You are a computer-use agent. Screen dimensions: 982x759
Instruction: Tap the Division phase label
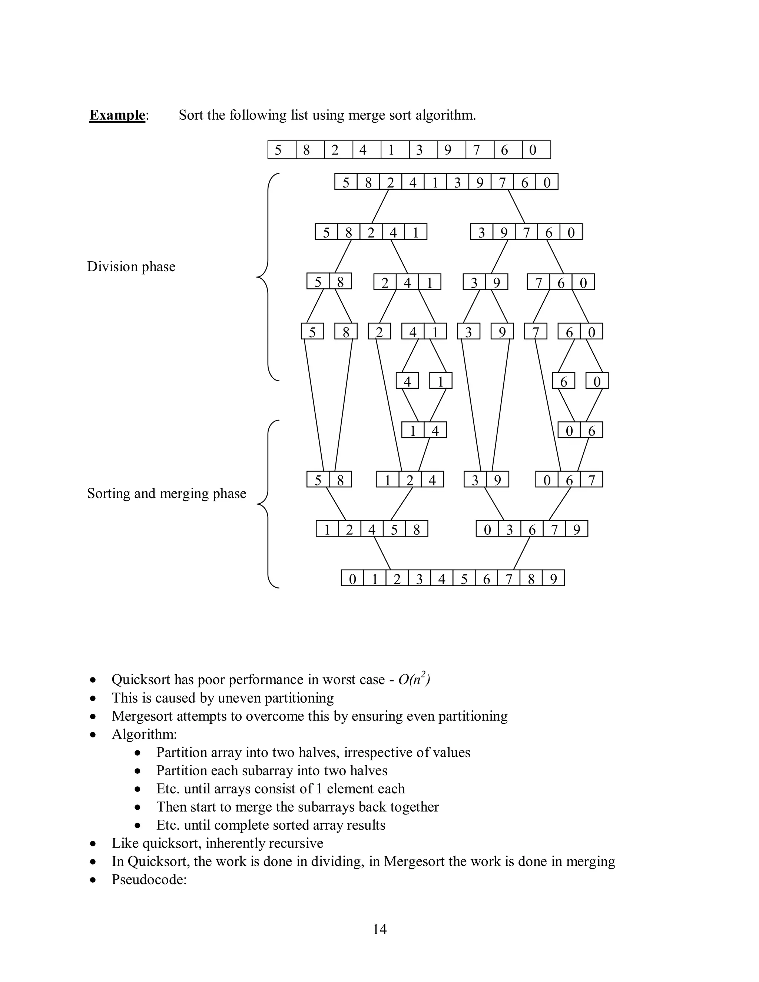point(131,267)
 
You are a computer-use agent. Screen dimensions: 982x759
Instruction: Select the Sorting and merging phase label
point(166,493)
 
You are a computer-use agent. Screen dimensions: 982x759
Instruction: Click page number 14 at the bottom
point(379,929)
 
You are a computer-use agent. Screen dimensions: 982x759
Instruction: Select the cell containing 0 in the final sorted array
point(352,578)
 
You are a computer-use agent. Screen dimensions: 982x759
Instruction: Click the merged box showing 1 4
point(424,430)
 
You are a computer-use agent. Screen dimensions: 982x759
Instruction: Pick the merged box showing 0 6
point(580,430)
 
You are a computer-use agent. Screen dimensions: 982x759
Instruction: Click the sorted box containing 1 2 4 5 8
point(372,529)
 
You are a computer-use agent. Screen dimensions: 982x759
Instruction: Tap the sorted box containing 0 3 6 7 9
point(532,529)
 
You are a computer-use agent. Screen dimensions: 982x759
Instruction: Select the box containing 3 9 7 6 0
point(526,232)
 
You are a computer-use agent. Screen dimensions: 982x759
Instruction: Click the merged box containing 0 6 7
point(569,480)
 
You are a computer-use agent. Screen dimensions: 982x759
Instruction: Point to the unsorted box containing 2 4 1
point(407,282)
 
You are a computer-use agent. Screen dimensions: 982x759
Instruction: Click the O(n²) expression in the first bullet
point(414,679)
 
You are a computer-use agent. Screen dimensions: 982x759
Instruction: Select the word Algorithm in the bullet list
point(144,734)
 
